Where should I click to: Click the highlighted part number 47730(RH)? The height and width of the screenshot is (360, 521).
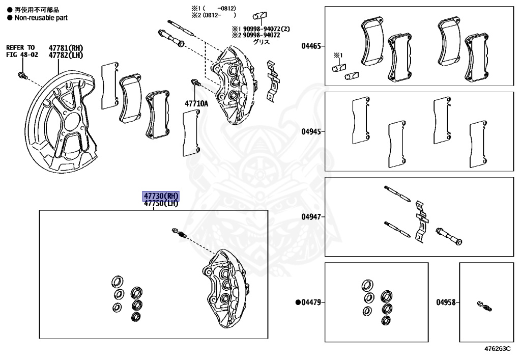pyautogui.click(x=161, y=196)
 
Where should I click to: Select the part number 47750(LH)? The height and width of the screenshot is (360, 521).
pyautogui.click(x=161, y=204)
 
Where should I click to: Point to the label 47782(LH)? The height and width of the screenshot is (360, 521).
pyautogui.click(x=66, y=55)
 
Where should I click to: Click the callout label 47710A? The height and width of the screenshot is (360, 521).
pyautogui.click(x=196, y=103)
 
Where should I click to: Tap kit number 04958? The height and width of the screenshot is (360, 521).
pyautogui.click(x=446, y=302)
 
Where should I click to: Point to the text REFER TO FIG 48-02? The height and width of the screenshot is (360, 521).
pyautogui.click(x=21, y=51)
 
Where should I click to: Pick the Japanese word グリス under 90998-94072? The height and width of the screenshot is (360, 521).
pyautogui.click(x=262, y=42)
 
